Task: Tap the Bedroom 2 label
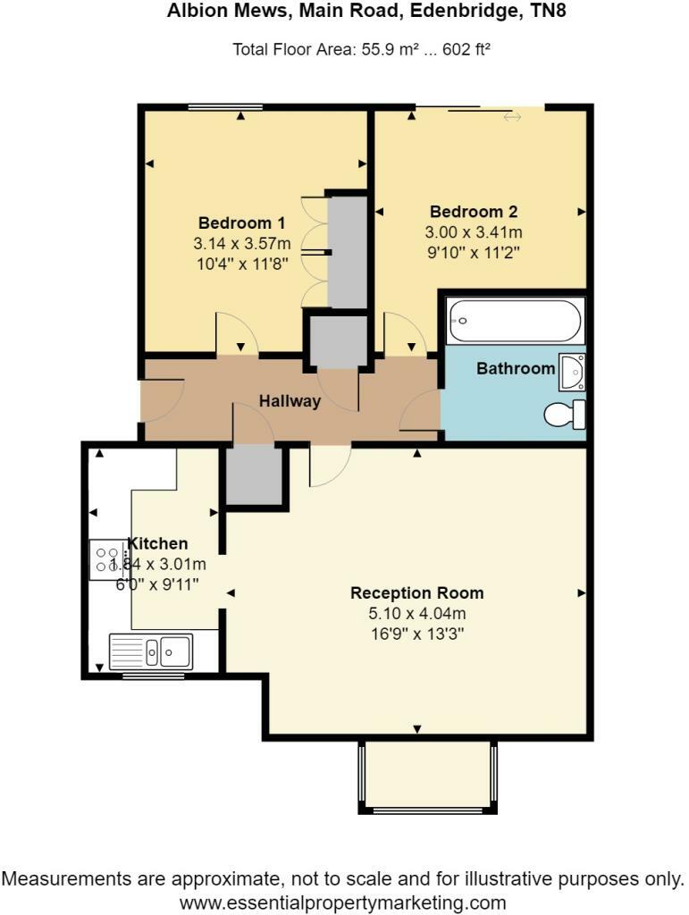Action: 474,213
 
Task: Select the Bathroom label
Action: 516,368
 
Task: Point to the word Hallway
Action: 290,401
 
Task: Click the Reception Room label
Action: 416,592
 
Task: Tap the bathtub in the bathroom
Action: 516,320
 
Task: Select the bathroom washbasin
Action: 572,372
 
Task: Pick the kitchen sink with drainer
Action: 151,651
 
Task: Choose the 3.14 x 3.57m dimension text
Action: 241,243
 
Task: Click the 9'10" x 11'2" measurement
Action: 474,252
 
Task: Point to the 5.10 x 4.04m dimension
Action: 416,614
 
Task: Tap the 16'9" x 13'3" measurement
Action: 416,634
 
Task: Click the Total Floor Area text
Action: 361,50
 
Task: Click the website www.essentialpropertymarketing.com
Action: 343,902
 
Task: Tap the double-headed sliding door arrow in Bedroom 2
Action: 512,117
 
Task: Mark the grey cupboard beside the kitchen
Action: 253,475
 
